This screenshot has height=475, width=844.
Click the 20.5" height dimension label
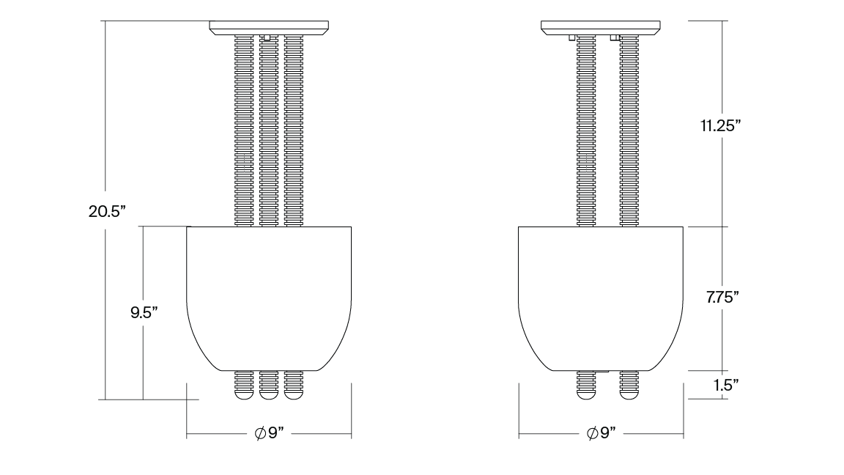(107, 213)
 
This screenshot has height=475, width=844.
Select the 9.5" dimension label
(144, 312)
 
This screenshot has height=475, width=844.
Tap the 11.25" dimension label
(721, 126)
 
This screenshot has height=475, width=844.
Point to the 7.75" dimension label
(722, 298)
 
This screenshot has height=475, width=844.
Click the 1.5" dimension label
(725, 385)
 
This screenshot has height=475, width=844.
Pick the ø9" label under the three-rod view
(269, 433)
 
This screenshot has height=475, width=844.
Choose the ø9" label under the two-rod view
(601, 433)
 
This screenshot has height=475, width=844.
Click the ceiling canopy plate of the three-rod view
(269, 28)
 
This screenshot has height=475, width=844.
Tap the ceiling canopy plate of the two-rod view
(600, 28)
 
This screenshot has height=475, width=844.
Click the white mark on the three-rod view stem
(245, 163)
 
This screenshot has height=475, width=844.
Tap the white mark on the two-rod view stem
(587, 163)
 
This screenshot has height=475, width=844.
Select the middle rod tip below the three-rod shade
(269, 386)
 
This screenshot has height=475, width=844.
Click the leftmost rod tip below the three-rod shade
(244, 386)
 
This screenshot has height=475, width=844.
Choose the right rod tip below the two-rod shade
(628, 386)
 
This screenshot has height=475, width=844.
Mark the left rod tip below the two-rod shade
(586, 386)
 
